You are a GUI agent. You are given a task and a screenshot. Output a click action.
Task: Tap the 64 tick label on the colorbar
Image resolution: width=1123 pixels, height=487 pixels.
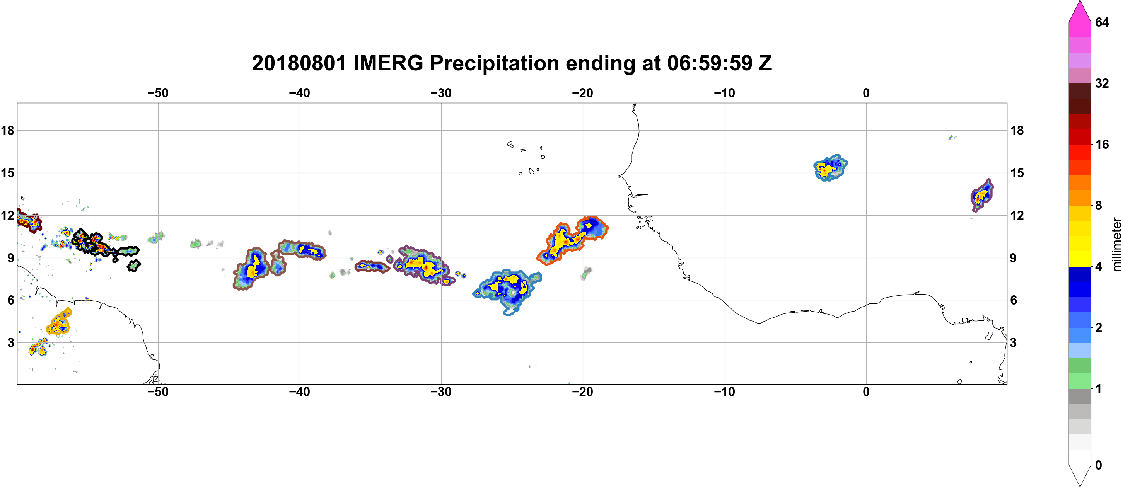point(1102,22)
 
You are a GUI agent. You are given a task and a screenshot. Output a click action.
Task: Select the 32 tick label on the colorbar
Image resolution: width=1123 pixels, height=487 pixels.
point(1102,83)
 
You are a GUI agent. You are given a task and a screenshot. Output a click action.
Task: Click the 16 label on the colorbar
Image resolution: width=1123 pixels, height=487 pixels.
point(1102,144)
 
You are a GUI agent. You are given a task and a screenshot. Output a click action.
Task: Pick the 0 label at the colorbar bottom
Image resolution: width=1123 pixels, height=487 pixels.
point(1099,465)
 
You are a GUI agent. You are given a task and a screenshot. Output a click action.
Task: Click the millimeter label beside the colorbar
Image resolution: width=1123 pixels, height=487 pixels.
point(1116,245)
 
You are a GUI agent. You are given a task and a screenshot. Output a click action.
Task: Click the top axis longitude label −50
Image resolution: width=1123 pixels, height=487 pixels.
point(158,93)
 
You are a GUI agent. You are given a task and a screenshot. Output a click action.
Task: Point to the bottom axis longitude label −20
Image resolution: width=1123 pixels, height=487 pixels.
point(582,392)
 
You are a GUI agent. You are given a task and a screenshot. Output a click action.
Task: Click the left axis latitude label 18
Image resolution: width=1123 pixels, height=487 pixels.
point(8,130)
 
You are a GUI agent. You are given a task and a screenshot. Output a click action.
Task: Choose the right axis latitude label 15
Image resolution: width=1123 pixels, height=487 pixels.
point(1017,173)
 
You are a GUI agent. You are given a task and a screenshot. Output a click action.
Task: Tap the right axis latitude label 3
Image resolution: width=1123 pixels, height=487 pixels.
point(1013,343)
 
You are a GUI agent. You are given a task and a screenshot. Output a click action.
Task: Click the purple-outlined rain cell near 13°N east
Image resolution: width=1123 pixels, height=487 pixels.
point(983,195)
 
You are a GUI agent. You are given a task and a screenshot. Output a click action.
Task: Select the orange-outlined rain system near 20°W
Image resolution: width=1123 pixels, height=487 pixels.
point(572,240)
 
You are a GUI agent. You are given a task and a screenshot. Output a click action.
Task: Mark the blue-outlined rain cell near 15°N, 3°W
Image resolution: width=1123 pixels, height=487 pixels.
point(831,168)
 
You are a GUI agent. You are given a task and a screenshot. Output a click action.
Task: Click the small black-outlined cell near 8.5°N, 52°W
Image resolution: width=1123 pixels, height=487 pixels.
point(134,265)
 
